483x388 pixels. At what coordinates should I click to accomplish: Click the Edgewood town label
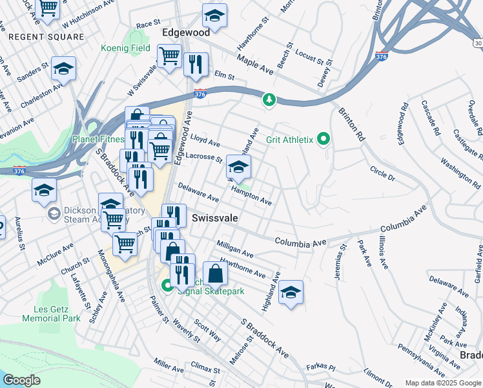click(186, 32)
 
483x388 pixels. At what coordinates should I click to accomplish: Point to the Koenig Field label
click(125, 48)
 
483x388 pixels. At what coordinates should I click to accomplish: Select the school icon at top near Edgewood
click(214, 16)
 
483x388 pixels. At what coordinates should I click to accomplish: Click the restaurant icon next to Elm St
click(195, 64)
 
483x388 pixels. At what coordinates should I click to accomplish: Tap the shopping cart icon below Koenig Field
click(169, 56)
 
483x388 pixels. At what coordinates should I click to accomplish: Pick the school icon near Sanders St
click(63, 69)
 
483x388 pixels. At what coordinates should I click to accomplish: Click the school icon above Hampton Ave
click(238, 168)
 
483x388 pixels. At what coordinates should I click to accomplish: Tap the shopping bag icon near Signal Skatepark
click(215, 274)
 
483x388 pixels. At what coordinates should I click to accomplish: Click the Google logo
click(21, 380)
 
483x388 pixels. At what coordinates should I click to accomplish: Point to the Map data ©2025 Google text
click(442, 383)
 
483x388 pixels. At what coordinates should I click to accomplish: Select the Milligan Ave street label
click(235, 250)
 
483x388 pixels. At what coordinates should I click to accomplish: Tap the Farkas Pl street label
click(322, 367)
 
